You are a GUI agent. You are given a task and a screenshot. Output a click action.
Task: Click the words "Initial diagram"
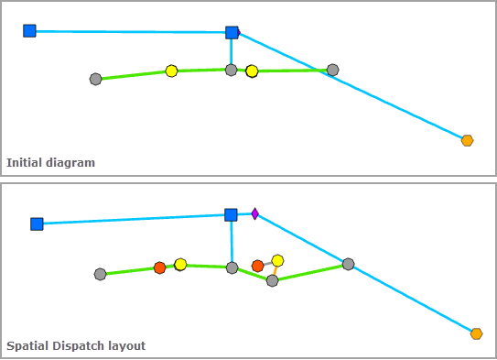point(50,163)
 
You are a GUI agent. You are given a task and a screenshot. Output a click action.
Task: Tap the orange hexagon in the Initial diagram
point(467,140)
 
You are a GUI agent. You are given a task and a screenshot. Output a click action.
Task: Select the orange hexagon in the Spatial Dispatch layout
point(476,333)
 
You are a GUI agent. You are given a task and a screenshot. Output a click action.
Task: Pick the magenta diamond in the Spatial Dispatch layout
point(255,214)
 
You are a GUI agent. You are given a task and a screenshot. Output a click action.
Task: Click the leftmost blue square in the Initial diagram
point(29,31)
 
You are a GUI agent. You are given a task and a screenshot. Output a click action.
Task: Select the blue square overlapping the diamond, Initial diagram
point(231,33)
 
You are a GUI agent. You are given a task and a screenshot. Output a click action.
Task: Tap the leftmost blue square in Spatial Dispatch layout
point(37,224)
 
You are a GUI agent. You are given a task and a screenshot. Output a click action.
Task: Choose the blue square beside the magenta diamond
point(231,214)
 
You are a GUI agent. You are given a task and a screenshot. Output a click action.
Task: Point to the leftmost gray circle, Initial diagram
point(95,79)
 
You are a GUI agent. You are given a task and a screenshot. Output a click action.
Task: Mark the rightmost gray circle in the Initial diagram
point(332,70)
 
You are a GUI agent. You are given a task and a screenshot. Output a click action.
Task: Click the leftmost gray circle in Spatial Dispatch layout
point(100,274)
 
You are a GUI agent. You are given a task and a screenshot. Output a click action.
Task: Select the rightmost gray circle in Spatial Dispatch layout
point(348,264)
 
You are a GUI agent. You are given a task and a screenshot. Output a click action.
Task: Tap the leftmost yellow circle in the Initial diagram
point(171,71)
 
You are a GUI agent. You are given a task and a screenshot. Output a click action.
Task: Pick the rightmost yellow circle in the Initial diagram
point(252,71)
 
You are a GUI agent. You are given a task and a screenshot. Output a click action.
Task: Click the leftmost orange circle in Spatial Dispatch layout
point(159,267)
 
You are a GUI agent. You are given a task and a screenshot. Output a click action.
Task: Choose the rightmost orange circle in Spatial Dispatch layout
point(257,266)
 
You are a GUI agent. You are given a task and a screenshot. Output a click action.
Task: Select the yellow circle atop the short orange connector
point(277,260)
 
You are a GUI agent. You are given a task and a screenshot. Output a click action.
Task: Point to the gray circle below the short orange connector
point(272,280)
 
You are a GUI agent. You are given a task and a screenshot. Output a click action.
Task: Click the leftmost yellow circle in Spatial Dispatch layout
point(180,264)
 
